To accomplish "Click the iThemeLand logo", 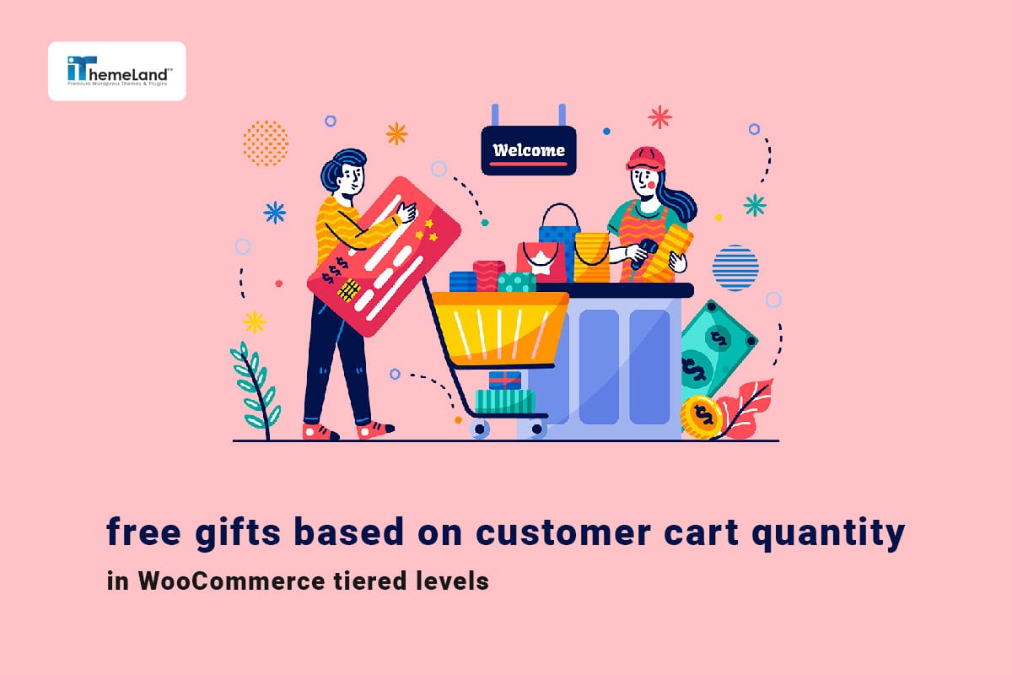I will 116,71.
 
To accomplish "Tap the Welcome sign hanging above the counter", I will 528,151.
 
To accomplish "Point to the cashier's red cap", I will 646,159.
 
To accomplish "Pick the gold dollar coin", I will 702,416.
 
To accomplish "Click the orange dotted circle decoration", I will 265,142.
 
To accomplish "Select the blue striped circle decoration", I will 735,267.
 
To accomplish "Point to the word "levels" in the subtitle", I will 455,581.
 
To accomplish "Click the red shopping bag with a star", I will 541,259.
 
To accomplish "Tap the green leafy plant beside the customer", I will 254,388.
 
